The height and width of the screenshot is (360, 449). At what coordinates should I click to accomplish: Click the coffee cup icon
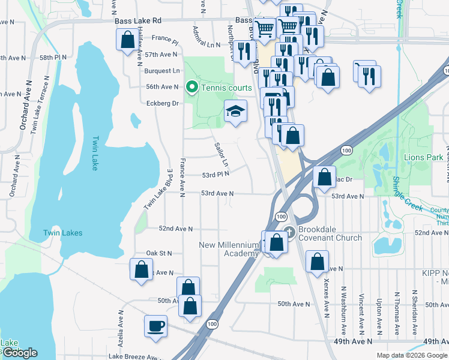tap(155, 326)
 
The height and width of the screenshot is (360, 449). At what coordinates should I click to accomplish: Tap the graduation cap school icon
tap(235, 111)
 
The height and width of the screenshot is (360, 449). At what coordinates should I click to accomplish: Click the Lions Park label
tap(423, 157)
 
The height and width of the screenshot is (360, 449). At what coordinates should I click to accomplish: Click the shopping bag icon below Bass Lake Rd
tap(127, 41)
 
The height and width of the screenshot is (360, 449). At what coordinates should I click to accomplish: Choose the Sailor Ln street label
tap(221, 155)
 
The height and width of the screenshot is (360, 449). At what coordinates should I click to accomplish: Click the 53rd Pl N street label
tap(215, 174)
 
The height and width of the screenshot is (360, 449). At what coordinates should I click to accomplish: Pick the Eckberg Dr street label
tap(163, 103)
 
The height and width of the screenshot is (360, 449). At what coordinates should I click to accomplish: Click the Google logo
tap(20, 353)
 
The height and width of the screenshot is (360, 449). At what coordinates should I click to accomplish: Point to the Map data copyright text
tap(412, 355)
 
